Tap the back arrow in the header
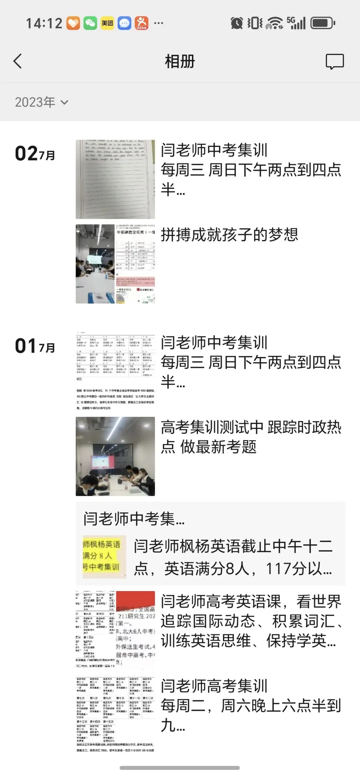18,61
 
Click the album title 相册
180,62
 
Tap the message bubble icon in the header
335,61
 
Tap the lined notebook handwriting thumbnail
115,179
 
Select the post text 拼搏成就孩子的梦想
230,235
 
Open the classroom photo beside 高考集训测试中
115,456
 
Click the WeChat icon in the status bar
90,23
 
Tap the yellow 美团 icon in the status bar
107,23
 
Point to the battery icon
323,23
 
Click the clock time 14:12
44,23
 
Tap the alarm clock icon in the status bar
237,23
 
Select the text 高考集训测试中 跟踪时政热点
251,437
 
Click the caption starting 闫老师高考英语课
251,621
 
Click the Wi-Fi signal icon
274,23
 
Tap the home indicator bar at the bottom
180,768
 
